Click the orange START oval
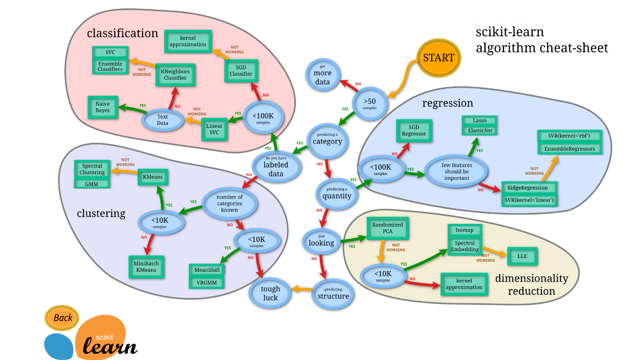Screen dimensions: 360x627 pyautogui.click(x=438, y=58)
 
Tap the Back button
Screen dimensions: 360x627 pyautogui.click(x=63, y=318)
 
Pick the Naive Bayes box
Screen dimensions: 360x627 pyautogui.click(x=103, y=107)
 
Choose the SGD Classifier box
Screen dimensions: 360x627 pyautogui.click(x=241, y=71)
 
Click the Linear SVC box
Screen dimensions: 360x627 pyautogui.click(x=214, y=129)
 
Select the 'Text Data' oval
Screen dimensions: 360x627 pyautogui.click(x=162, y=120)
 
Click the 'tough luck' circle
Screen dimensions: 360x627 pyautogui.click(x=270, y=293)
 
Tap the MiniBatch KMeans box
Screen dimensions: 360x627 pyautogui.click(x=146, y=267)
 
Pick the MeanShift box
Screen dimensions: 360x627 pyautogui.click(x=207, y=269)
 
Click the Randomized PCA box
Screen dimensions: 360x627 pyautogui.click(x=387, y=228)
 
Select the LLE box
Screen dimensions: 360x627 pyautogui.click(x=522, y=256)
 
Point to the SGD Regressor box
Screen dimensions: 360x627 pyautogui.click(x=414, y=131)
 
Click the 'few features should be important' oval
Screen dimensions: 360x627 pyautogui.click(x=457, y=171)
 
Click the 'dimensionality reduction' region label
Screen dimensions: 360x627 pyautogui.click(x=531, y=285)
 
